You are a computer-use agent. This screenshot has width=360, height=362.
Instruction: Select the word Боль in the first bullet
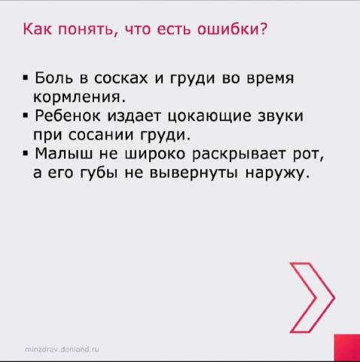click(54, 78)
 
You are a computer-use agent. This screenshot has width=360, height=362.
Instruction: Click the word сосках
click(121, 78)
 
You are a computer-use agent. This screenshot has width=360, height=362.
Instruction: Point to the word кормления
click(79, 97)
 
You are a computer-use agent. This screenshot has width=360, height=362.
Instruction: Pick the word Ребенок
click(68, 115)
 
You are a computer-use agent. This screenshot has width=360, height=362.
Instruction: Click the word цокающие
click(209, 116)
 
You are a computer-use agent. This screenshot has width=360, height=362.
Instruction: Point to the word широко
click(155, 153)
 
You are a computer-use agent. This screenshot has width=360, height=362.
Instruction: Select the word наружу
click(277, 173)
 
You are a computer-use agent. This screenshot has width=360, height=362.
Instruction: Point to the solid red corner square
click(347, 348)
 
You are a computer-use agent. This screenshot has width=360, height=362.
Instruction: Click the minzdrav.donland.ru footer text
click(62, 349)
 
